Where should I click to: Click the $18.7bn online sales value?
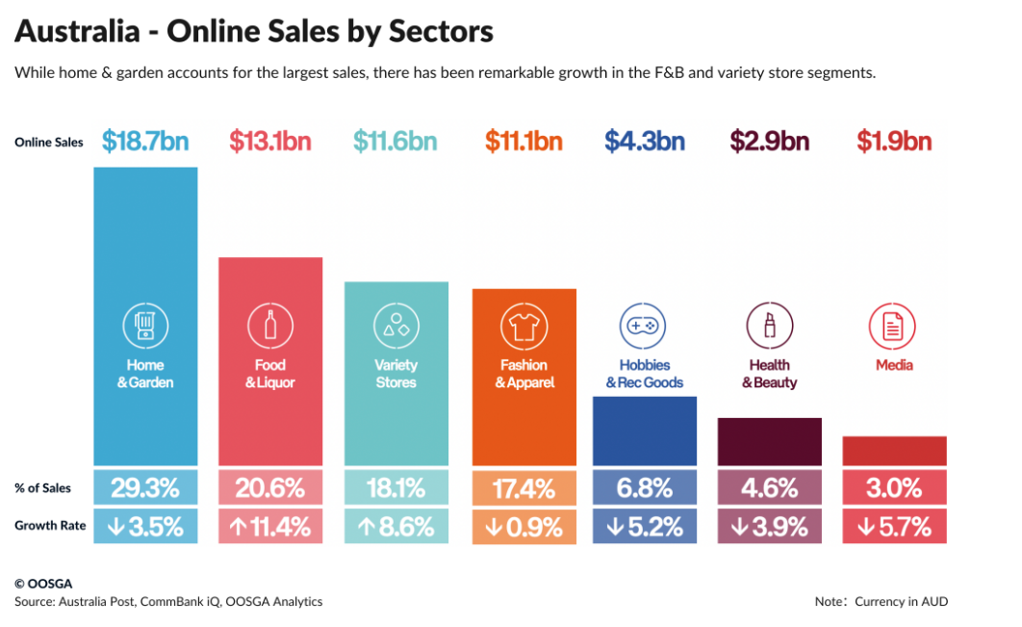coord(145,142)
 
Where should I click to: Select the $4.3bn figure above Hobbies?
coord(644,142)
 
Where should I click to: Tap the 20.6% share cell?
coord(270,487)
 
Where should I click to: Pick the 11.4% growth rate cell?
coord(270,527)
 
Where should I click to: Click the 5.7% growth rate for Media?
coord(894,527)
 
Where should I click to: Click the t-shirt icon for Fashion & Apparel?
coord(524,327)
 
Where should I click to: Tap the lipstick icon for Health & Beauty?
coord(769,327)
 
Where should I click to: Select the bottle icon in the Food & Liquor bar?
coord(270,326)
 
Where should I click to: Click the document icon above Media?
coord(892,327)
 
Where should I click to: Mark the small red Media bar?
coord(894,451)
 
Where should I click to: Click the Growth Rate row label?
coord(50,526)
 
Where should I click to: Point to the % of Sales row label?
coord(42,488)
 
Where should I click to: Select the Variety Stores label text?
coord(396,374)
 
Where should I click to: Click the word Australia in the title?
coord(77,32)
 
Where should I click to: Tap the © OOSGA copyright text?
coord(43,584)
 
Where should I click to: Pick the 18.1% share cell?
coord(396,487)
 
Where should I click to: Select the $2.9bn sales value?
coord(769,142)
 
